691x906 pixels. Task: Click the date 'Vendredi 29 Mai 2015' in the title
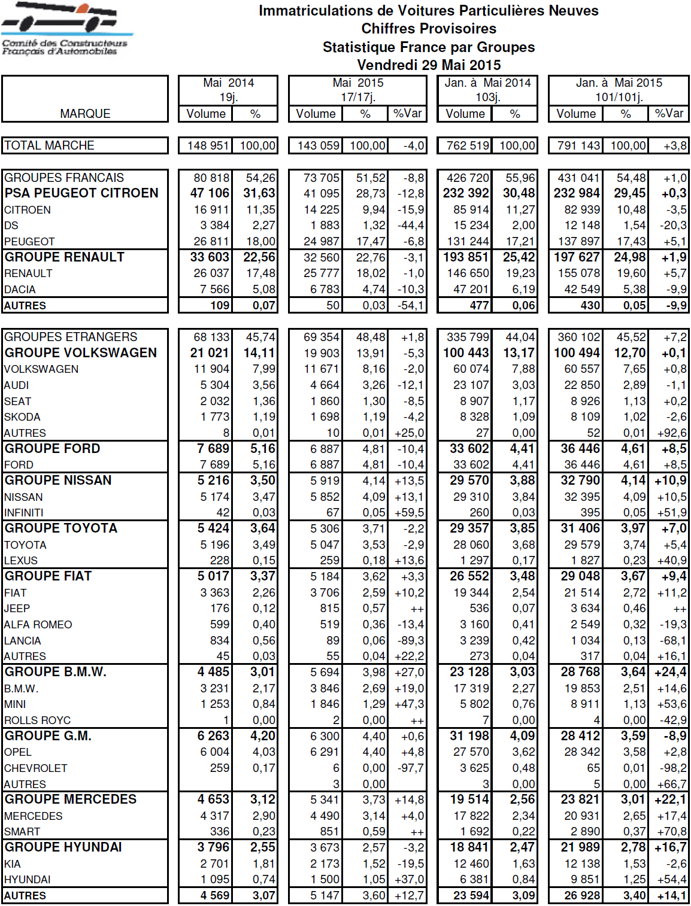click(429, 65)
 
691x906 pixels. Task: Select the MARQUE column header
click(85, 114)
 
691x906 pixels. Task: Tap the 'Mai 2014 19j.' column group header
click(228, 90)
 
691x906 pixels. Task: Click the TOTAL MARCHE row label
click(49, 145)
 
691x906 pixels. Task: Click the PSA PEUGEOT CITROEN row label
click(81, 193)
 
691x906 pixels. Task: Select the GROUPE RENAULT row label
click(65, 257)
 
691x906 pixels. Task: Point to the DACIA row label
click(20, 290)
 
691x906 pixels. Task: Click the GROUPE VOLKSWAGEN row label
click(81, 353)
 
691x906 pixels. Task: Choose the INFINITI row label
click(24, 513)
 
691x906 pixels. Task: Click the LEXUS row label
click(21, 561)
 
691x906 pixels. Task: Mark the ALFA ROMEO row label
click(38, 625)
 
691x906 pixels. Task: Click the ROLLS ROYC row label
click(37, 720)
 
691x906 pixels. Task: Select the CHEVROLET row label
click(36, 768)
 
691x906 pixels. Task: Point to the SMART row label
click(22, 832)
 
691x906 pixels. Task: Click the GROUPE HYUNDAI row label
click(63, 847)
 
